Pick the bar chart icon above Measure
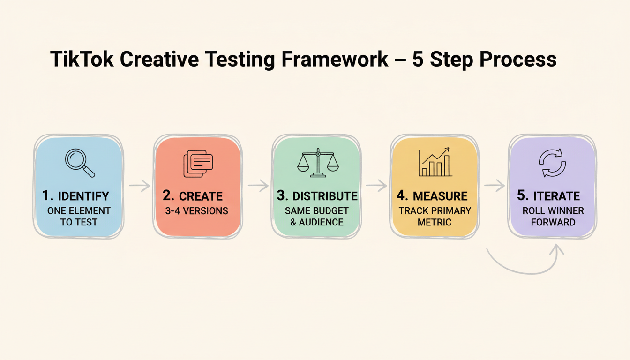[x=435, y=162]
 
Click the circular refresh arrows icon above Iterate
[x=553, y=163]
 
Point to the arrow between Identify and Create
[x=139, y=186]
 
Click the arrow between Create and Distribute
[x=258, y=186]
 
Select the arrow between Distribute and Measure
[x=376, y=186]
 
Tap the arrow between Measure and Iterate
[x=494, y=186]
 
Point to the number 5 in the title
[x=418, y=60]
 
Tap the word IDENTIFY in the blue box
[x=83, y=196]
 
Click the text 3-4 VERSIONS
[x=197, y=211]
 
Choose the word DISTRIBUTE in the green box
[x=325, y=196]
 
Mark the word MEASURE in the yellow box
[x=440, y=196]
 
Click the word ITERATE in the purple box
[x=556, y=196]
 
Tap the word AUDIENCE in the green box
[x=321, y=222]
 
